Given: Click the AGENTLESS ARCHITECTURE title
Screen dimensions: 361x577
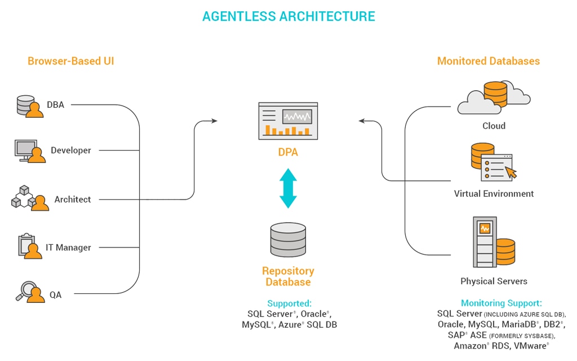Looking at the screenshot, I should coord(288,16).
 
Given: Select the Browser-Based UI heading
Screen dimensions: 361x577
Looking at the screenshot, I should coord(71,61).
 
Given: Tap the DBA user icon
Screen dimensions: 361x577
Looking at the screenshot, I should coord(30,105).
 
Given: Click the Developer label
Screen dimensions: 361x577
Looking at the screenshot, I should coord(71,151).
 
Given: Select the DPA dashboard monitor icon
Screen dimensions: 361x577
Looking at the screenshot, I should coord(288,120).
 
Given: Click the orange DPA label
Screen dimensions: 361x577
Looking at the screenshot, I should coord(288,152).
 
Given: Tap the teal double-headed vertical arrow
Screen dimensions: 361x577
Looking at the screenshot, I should coord(288,188).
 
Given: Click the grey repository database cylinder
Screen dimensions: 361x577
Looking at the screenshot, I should coord(288,240).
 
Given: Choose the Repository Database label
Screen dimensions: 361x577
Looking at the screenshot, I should coord(288,276).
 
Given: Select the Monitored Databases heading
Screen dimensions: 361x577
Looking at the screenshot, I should coord(489,61).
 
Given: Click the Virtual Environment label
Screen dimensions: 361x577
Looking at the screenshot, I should coord(494,193).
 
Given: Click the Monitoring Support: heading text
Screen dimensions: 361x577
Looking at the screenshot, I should coord(501,303).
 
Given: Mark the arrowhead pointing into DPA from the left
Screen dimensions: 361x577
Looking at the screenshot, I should coord(214,121).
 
